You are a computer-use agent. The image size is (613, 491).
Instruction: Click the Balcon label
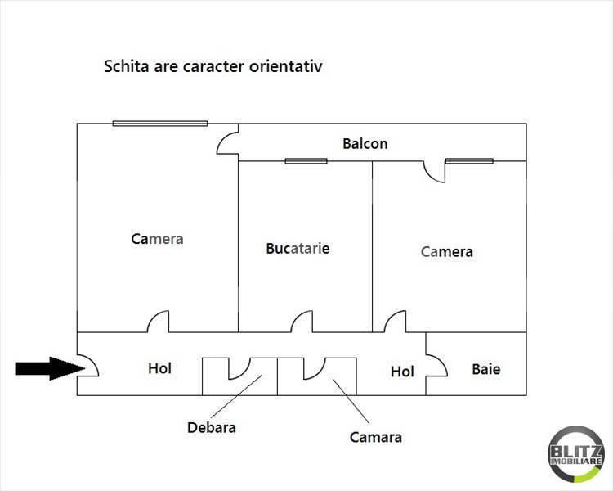coord(365,144)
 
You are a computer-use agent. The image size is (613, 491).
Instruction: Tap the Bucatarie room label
coord(298,248)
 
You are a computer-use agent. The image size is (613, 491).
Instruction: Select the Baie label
coord(486,369)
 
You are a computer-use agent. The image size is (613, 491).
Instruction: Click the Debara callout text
coord(212,427)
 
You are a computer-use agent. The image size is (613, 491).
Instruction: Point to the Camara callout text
coord(376,437)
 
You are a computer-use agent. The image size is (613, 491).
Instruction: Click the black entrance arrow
coord(50,368)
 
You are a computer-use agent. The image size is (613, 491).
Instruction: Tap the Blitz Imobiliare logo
coord(576,454)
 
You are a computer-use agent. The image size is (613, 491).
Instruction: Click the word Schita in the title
coord(126,65)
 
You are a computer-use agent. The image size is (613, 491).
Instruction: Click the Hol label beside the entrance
coord(159,368)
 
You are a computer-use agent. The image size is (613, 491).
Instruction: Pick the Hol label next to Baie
coord(402,372)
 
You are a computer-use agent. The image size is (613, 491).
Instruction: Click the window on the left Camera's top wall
coord(160,124)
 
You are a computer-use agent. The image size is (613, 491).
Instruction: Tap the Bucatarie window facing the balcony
coord(306,161)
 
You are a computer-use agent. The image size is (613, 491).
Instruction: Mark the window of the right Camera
coord(469,161)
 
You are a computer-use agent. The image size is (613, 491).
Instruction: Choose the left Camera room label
coord(157,239)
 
